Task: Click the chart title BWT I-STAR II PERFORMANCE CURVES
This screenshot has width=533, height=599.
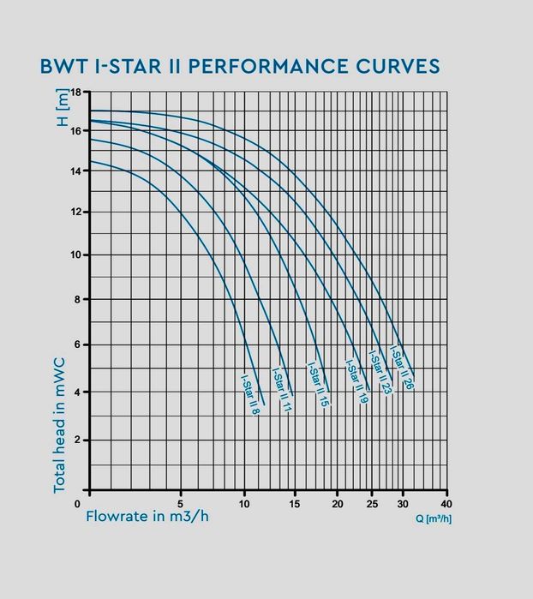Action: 240,66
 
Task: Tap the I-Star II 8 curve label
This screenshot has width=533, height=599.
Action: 250,393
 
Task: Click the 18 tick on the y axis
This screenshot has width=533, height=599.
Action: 75,92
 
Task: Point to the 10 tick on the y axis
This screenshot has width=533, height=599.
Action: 75,255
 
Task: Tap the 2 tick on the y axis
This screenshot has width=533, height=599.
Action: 78,440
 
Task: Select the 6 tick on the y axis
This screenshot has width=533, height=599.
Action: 78,344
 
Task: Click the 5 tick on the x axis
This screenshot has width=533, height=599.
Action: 181,503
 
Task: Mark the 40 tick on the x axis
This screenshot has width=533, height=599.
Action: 445,503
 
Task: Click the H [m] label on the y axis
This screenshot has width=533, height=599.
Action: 62,111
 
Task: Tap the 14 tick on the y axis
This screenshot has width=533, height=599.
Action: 75,171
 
